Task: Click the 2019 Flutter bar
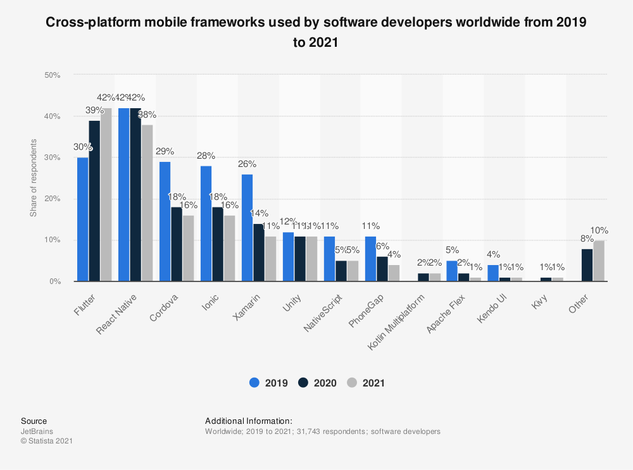click(x=82, y=220)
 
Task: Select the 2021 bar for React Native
click(x=147, y=203)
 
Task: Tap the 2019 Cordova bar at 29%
click(x=165, y=221)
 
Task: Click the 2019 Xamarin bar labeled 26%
click(x=247, y=228)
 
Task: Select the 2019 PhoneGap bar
click(x=370, y=259)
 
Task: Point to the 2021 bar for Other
click(x=599, y=261)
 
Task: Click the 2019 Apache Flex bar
click(x=452, y=271)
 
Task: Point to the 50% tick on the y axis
click(x=52, y=75)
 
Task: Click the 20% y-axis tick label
click(x=52, y=199)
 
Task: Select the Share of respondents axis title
click(x=34, y=178)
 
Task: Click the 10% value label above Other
click(x=599, y=230)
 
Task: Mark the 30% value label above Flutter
click(x=83, y=147)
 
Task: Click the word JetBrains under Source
click(x=36, y=431)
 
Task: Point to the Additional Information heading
click(x=249, y=421)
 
